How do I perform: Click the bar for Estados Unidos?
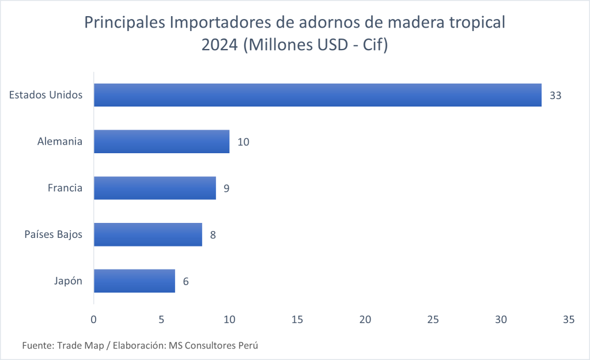317,95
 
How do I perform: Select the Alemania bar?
161,141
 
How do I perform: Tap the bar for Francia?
154,188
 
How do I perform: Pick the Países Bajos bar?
148,234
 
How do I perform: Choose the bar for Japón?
134,281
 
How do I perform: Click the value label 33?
555,96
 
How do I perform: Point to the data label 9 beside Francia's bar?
227,188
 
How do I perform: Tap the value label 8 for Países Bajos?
213,235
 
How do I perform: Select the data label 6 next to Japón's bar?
186,282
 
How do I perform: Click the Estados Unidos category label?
46,95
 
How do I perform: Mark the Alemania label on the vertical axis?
60,142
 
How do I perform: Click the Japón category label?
67,282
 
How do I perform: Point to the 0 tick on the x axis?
94,319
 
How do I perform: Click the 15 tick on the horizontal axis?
297,319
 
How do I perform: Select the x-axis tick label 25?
433,319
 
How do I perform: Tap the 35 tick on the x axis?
569,319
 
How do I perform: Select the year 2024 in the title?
219,46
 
